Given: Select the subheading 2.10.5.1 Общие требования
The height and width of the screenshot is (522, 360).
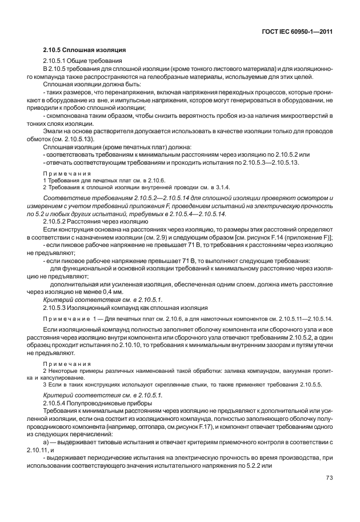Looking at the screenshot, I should pos(82,61).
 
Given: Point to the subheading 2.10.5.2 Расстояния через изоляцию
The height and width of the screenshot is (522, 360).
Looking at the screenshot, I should pos(88,221).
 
